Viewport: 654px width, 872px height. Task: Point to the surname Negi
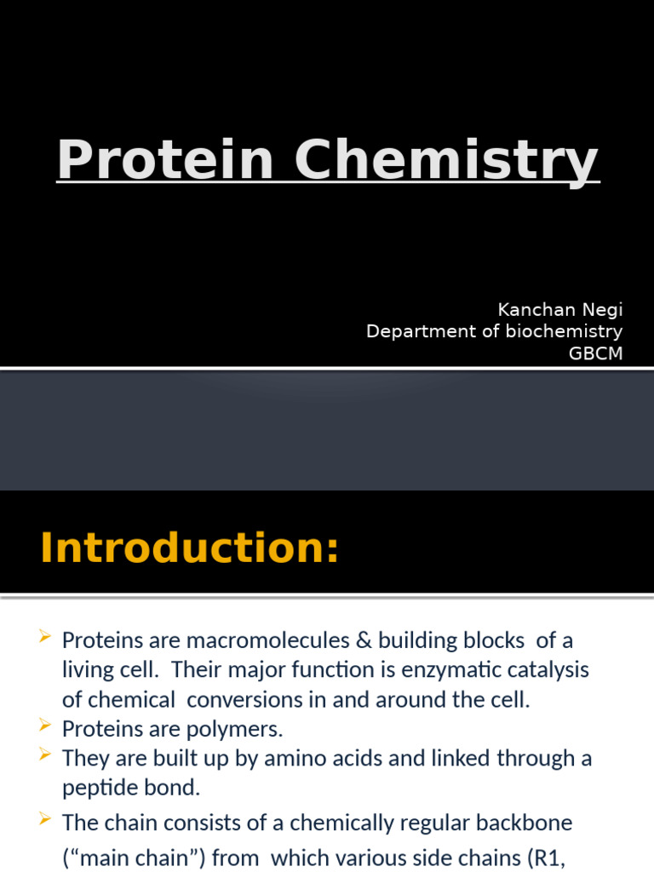tap(602, 310)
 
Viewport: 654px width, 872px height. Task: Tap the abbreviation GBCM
tap(595, 353)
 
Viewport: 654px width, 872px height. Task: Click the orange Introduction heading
tap(189, 548)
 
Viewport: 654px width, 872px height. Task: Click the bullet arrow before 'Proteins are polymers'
tap(47, 726)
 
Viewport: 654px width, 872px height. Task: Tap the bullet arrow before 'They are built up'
tap(47, 756)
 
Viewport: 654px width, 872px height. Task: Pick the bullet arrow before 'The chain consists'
tap(47, 821)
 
